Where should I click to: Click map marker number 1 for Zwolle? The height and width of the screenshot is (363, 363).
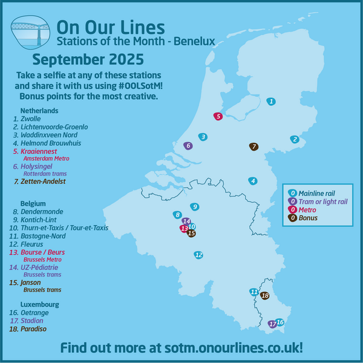tap(272, 102)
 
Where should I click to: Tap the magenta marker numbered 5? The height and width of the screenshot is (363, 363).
tap(218, 116)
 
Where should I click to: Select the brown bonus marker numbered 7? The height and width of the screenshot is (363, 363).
tap(254, 146)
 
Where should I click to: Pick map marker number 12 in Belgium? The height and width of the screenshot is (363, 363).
tap(198, 255)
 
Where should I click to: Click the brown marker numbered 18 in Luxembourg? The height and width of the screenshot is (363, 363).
tap(264, 296)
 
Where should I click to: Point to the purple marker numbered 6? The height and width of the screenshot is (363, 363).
tap(188, 145)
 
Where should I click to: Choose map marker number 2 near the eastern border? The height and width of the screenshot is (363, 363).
tap(295, 139)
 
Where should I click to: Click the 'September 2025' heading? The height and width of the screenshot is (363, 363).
tap(88, 59)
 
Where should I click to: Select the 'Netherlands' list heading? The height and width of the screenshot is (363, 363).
tap(39, 111)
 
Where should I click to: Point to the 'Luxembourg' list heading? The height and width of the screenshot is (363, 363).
tap(39, 304)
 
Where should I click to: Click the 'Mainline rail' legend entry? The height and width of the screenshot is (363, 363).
tap(317, 192)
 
